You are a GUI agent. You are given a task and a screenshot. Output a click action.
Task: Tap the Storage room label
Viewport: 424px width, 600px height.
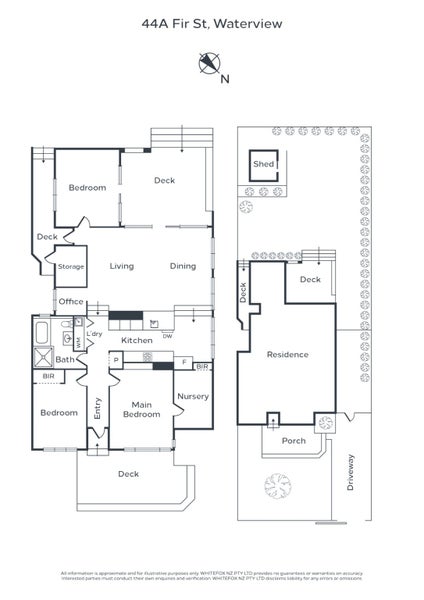(x=70, y=267)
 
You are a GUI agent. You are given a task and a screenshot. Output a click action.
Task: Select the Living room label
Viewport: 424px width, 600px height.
(x=122, y=266)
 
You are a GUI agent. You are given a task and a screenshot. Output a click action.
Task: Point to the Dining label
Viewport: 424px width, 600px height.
(x=182, y=266)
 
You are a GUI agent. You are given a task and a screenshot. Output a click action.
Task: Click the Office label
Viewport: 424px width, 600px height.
(x=70, y=301)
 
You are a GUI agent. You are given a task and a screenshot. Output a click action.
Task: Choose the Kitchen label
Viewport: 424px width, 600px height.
(x=137, y=340)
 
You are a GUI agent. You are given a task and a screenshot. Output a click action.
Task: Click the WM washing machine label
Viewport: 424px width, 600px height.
(x=78, y=343)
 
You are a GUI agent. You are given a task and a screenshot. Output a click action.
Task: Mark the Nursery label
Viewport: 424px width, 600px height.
(x=192, y=396)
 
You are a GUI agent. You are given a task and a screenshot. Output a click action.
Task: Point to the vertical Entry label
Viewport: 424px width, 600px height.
(x=98, y=407)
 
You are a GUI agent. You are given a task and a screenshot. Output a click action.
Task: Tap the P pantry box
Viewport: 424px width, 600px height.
(x=116, y=359)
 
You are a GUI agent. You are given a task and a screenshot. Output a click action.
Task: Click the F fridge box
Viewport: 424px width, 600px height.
(x=184, y=360)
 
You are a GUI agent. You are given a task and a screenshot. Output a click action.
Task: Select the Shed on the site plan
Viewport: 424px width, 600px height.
(x=264, y=164)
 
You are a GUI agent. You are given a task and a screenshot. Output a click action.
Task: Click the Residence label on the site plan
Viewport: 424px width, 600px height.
(x=287, y=354)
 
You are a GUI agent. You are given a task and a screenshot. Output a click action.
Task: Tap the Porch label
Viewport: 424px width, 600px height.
(x=293, y=440)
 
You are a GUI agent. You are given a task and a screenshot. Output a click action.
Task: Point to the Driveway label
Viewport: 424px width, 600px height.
(x=349, y=476)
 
